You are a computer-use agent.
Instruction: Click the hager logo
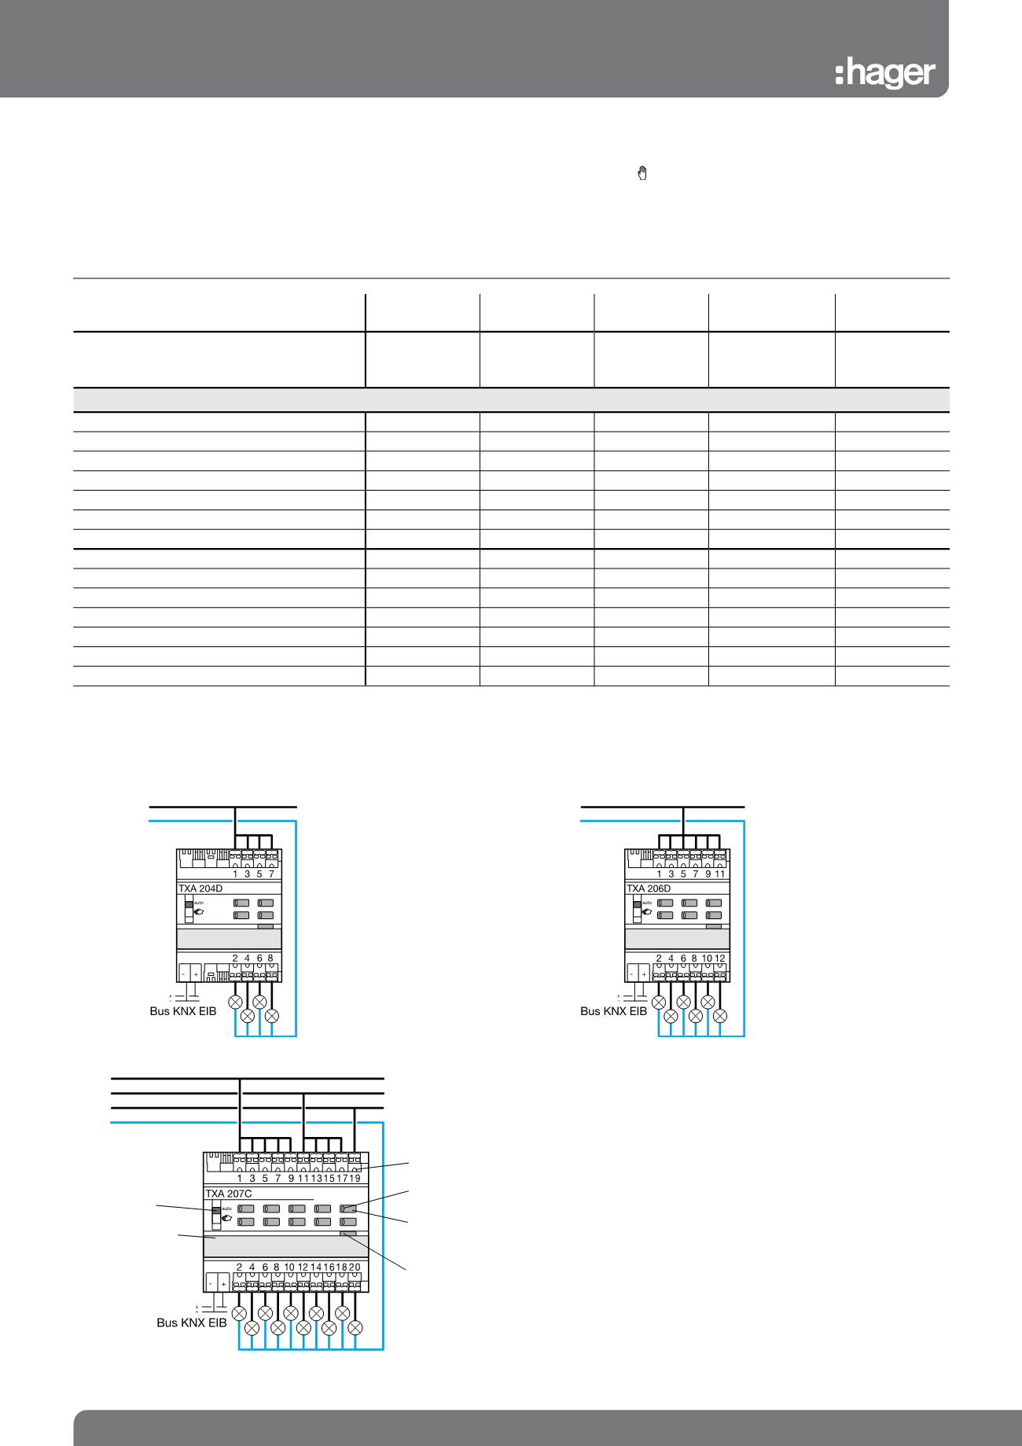click(x=885, y=74)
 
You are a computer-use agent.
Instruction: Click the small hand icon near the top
click(x=642, y=174)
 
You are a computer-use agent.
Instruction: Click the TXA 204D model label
click(x=200, y=889)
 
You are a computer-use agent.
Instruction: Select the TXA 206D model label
click(x=649, y=889)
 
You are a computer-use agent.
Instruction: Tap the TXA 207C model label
click(x=229, y=1194)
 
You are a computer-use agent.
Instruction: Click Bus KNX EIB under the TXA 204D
click(x=182, y=1011)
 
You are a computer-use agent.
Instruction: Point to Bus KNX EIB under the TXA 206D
click(x=613, y=1011)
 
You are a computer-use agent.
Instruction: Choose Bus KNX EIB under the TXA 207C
click(x=191, y=1323)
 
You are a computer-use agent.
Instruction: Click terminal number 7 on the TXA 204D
click(x=271, y=874)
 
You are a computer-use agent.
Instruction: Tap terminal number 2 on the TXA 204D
click(x=235, y=958)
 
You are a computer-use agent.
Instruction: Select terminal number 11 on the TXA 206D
click(x=720, y=874)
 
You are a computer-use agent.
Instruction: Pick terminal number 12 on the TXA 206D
click(x=720, y=958)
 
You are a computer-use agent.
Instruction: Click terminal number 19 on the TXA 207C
click(x=355, y=1178)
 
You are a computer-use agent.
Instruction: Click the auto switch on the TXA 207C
click(x=217, y=1214)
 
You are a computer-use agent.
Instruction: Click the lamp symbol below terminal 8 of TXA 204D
click(x=272, y=1016)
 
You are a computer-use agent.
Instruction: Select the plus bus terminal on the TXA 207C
click(x=223, y=1284)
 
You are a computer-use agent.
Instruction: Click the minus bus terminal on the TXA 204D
click(x=184, y=974)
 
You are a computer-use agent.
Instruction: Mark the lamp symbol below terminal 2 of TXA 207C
click(x=239, y=1313)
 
